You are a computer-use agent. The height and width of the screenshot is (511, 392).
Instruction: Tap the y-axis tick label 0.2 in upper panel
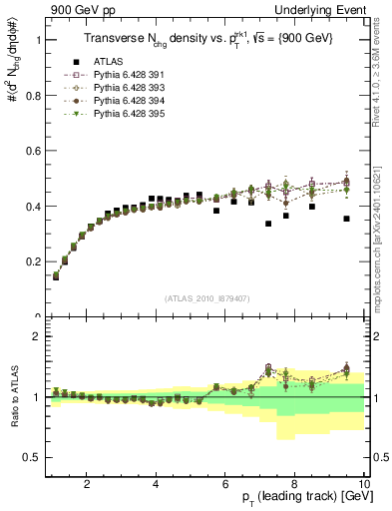pos(33,262)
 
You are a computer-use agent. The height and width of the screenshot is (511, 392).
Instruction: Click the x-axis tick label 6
pos(225,486)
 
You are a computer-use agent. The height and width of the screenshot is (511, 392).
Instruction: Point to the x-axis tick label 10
pos(363,486)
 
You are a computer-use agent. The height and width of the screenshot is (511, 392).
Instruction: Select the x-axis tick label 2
pos(87,486)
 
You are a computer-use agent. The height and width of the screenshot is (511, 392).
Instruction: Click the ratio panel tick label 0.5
pos(33,457)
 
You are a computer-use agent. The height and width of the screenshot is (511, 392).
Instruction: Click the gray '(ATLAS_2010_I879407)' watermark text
pos(206,298)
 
